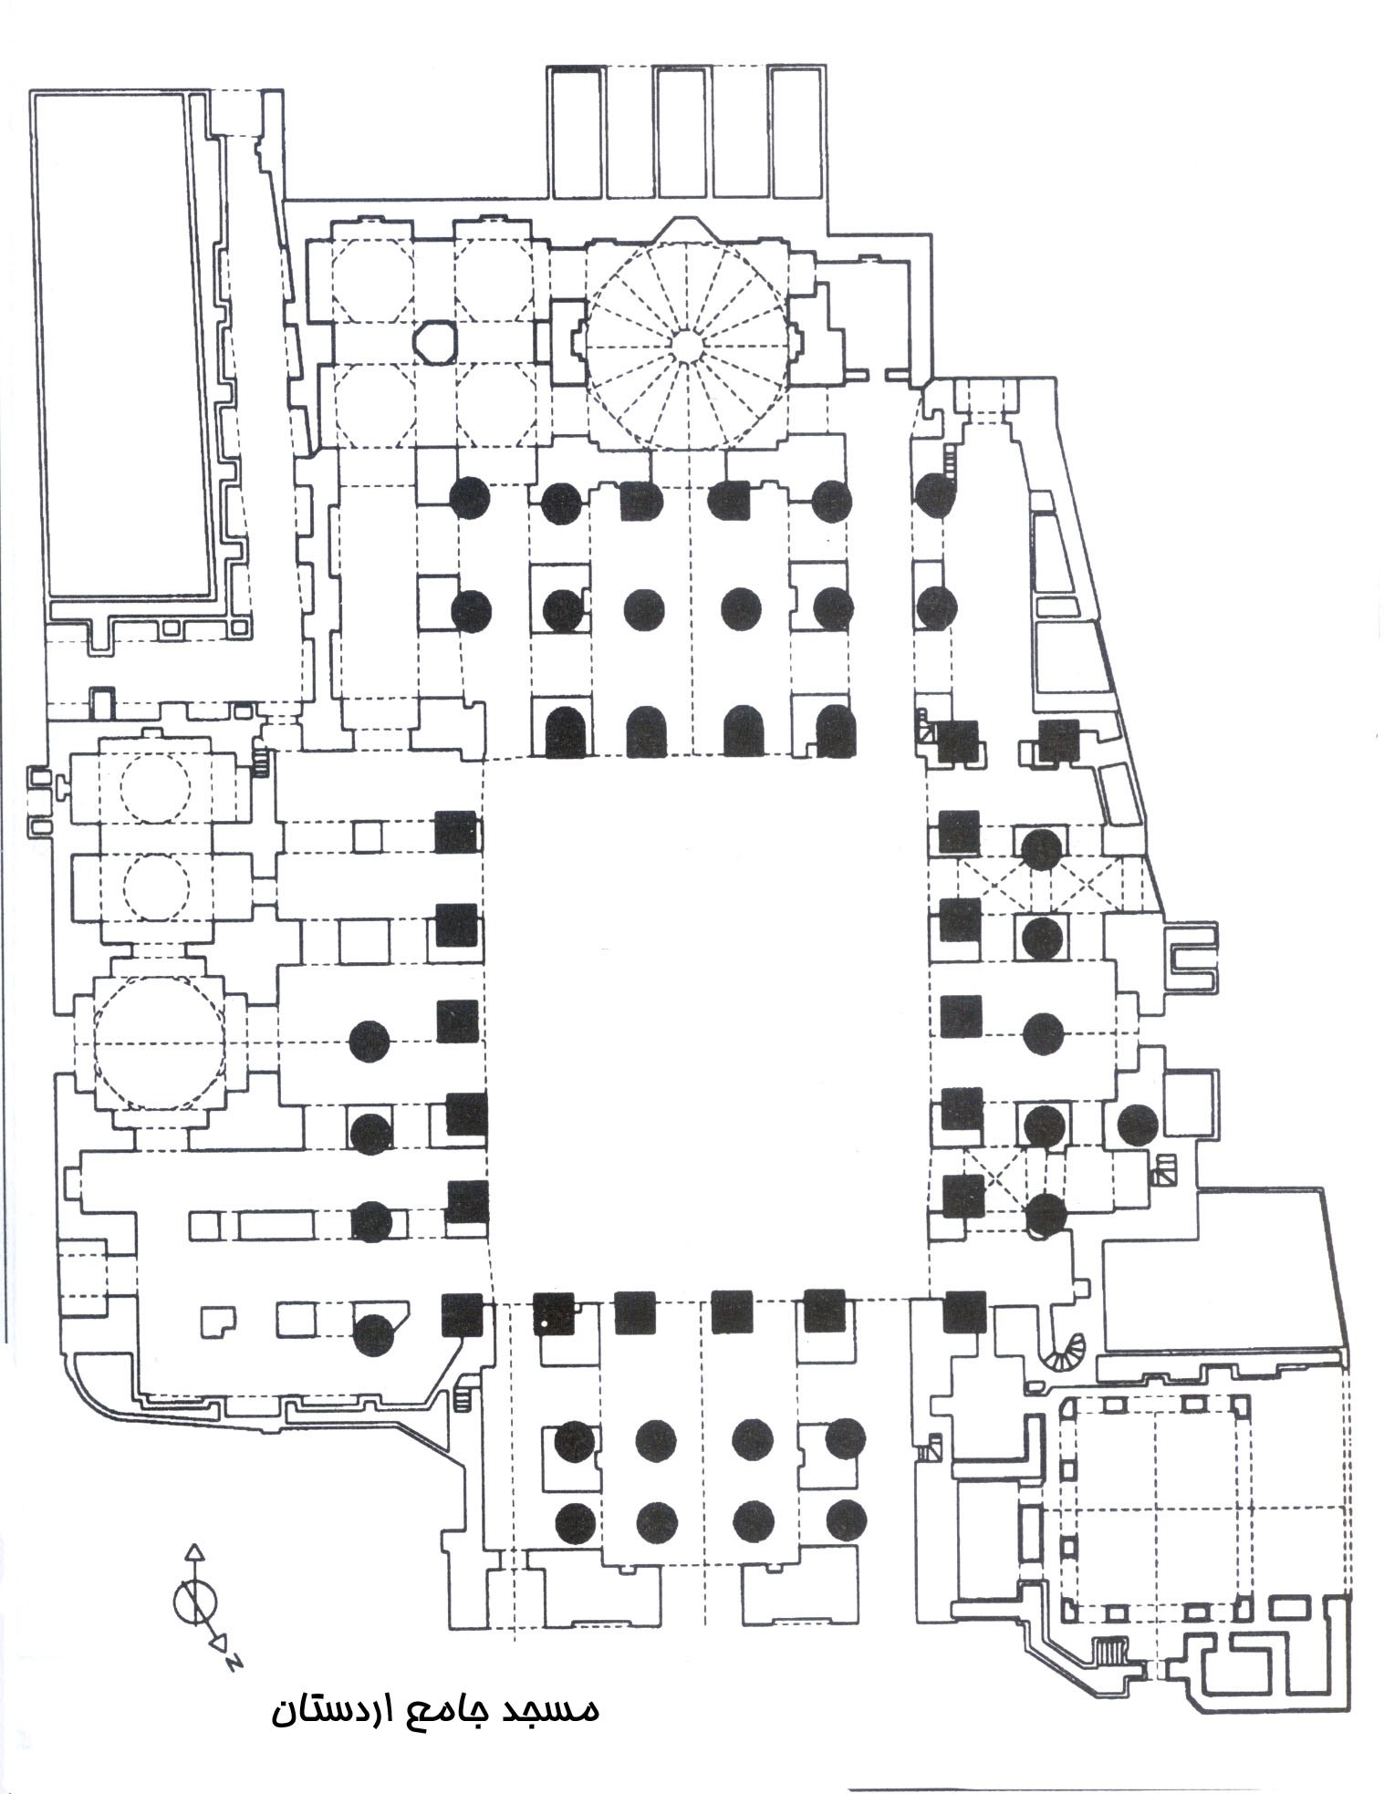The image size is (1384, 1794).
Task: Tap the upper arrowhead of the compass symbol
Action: point(193,1550)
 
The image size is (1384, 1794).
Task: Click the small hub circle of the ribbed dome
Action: point(686,342)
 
